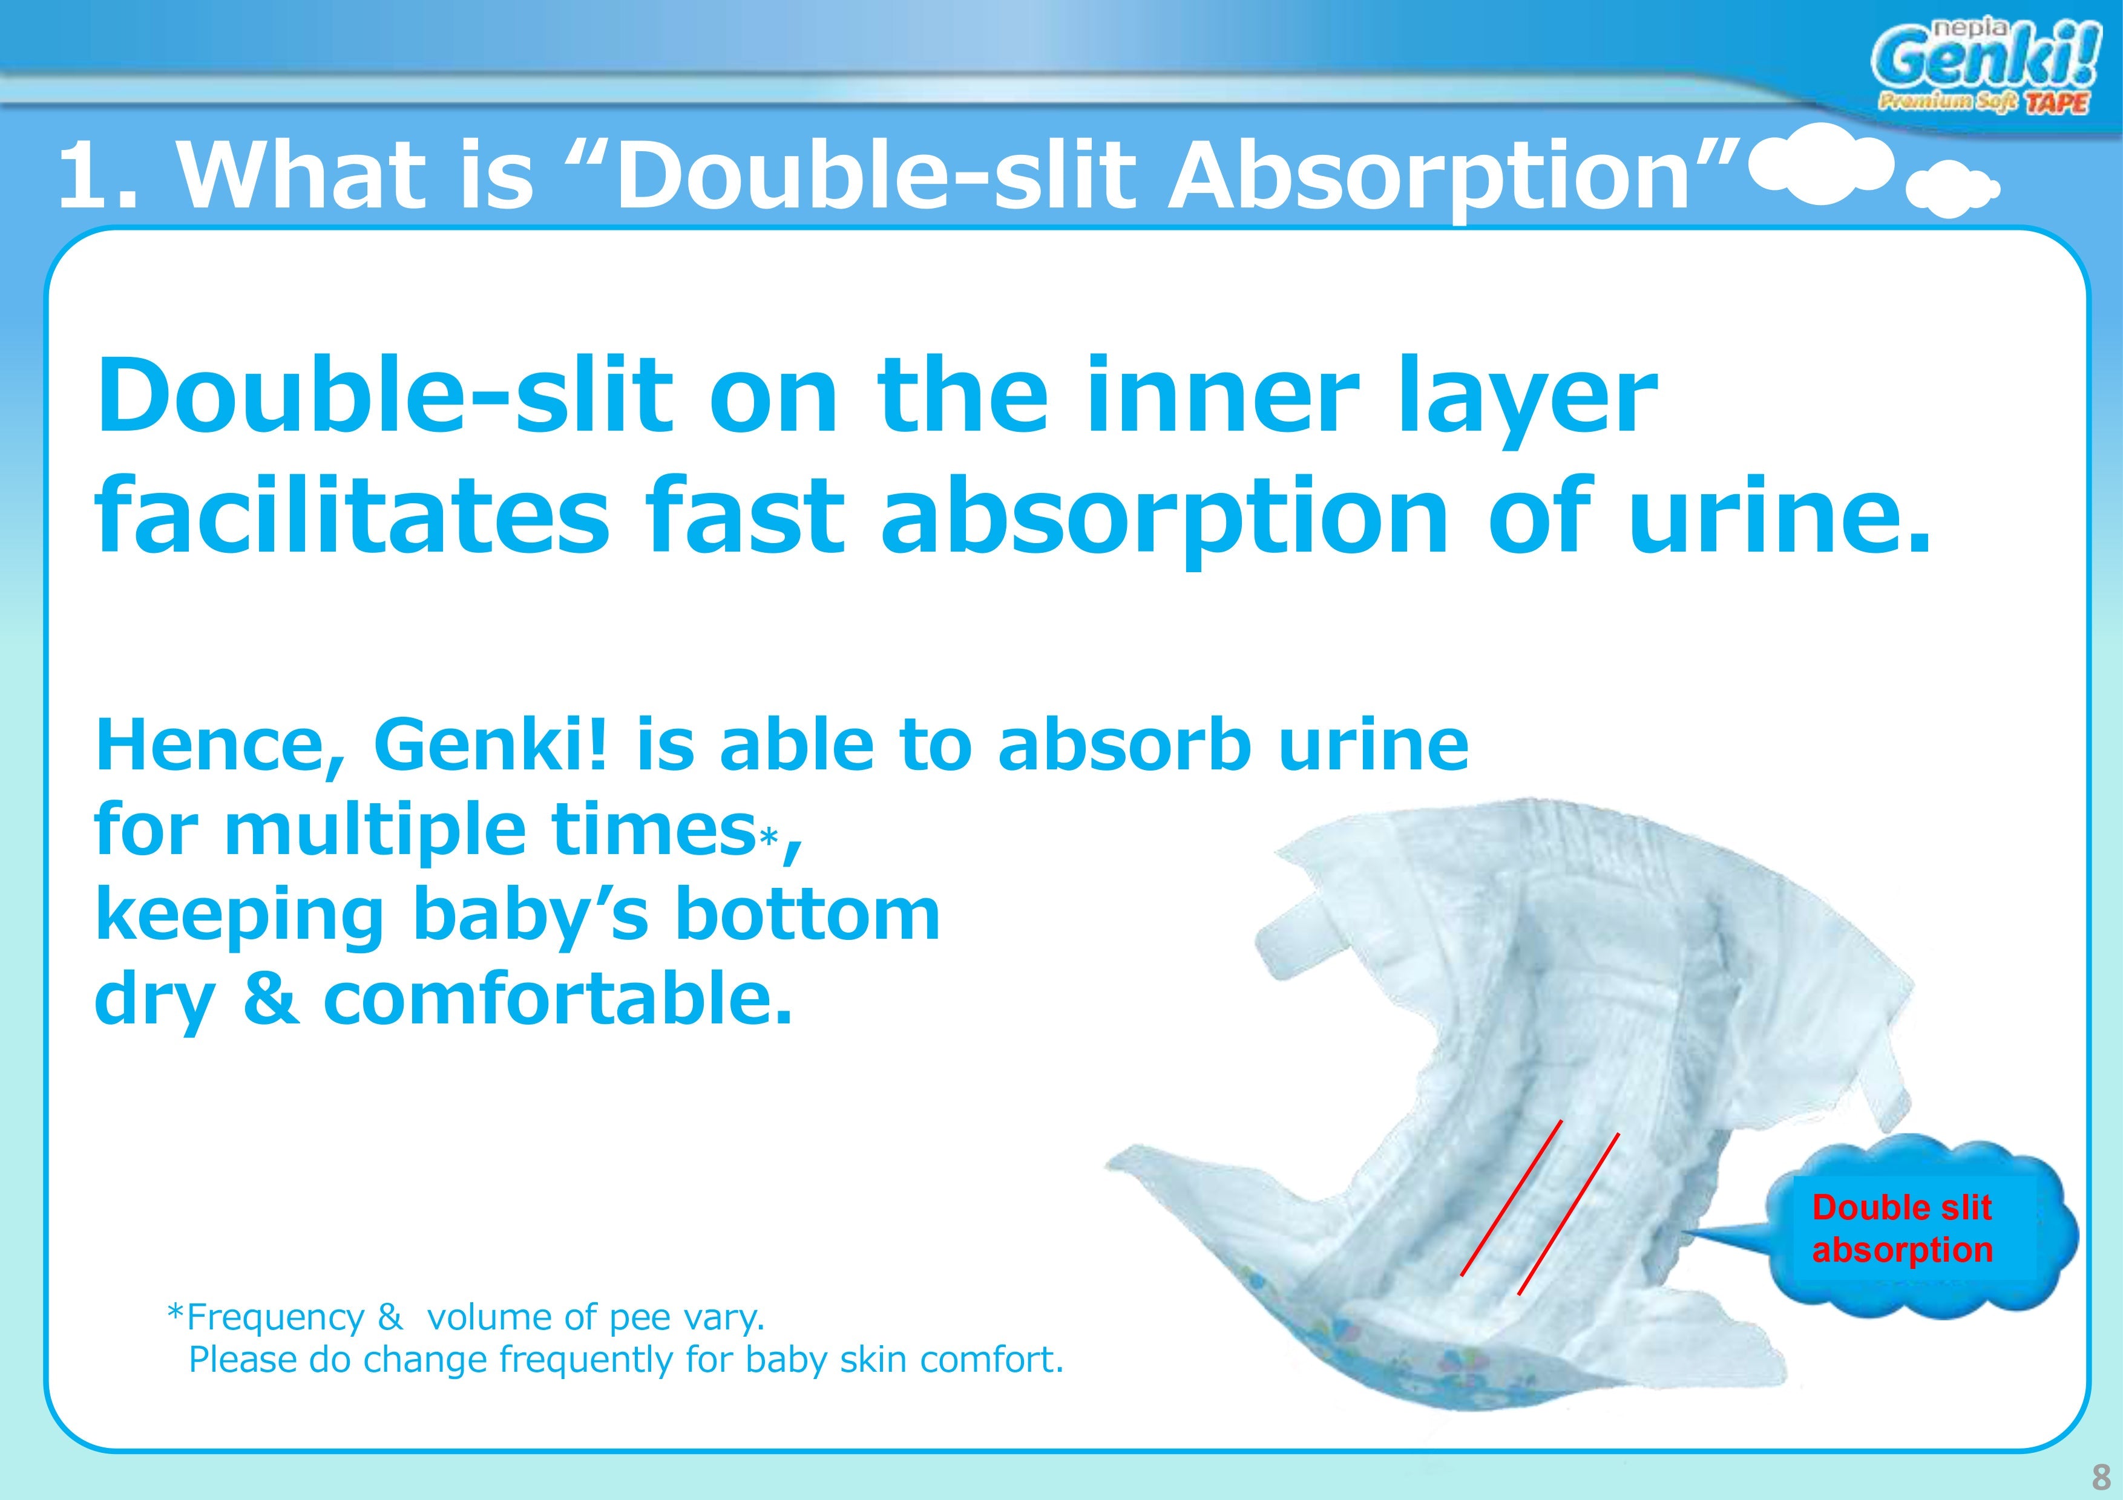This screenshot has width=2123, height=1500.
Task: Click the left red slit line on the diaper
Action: pyautogui.click(x=1511, y=1198)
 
